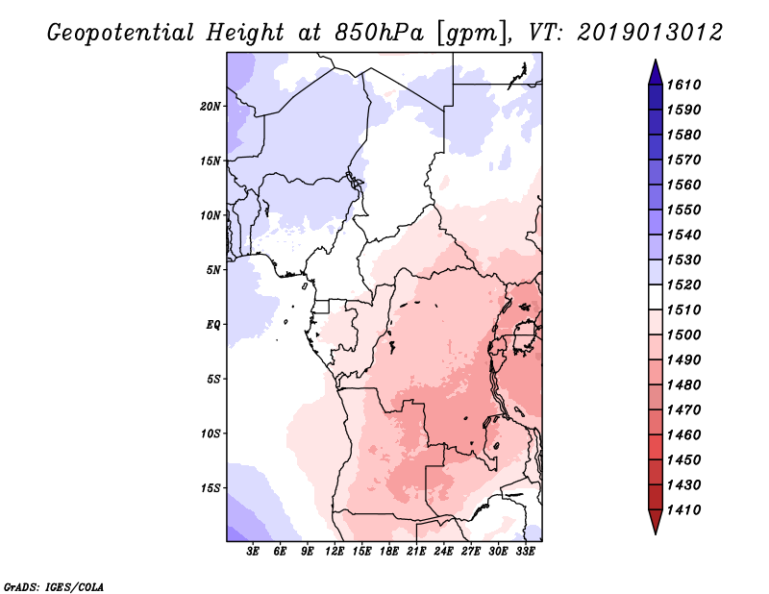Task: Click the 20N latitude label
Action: pos(211,107)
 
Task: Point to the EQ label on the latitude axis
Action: pos(213,325)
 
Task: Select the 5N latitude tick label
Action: pos(213,270)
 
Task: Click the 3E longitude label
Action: pos(253,552)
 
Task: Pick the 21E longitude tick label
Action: pos(416,552)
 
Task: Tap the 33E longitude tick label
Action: pos(525,552)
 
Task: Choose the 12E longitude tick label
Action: pos(335,552)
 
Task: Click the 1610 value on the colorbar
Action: pos(683,85)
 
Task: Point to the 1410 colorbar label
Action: pos(683,510)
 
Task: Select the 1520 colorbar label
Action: pos(683,285)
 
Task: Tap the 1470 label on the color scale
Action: pos(683,410)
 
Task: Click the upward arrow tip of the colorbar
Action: pos(656,60)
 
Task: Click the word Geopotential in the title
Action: pos(121,34)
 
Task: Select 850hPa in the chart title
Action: pos(379,33)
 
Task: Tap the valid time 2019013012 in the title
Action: pos(650,33)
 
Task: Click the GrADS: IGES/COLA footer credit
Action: pos(54,586)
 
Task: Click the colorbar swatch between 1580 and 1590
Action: pos(656,122)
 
